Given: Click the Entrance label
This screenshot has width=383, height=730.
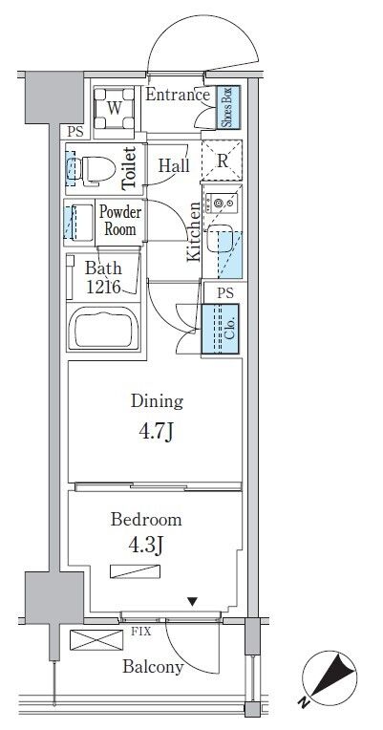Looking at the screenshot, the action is pyautogui.click(x=178, y=95).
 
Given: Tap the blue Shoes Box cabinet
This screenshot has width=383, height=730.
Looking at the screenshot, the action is pyautogui.click(x=230, y=108).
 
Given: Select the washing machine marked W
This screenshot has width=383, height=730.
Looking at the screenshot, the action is pyautogui.click(x=115, y=108).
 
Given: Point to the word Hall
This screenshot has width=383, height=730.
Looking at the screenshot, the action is pyautogui.click(x=174, y=165).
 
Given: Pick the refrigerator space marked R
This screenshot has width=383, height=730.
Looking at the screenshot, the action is pyautogui.click(x=222, y=161).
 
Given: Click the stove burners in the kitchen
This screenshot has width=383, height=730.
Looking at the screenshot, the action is pyautogui.click(x=222, y=202).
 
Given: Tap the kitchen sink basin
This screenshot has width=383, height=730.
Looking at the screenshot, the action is pyautogui.click(x=219, y=237).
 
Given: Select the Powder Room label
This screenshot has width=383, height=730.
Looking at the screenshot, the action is pyautogui.click(x=120, y=221).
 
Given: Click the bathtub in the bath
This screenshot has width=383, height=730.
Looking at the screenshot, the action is pyautogui.click(x=104, y=327).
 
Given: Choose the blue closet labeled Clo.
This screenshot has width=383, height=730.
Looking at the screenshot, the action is pyautogui.click(x=220, y=329).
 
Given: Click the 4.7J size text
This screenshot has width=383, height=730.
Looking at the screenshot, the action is pyautogui.click(x=157, y=433).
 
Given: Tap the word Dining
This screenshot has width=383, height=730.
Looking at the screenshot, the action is pyautogui.click(x=157, y=401).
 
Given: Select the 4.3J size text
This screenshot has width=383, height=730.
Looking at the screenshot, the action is pyautogui.click(x=146, y=545).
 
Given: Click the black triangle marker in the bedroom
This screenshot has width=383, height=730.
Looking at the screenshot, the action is pyautogui.click(x=193, y=602).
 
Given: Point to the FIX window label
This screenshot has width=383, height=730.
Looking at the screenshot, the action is pyautogui.click(x=141, y=633).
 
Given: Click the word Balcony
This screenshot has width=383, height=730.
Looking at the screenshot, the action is pyautogui.click(x=153, y=667).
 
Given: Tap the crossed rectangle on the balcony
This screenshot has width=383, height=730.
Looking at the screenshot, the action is pyautogui.click(x=96, y=639).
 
